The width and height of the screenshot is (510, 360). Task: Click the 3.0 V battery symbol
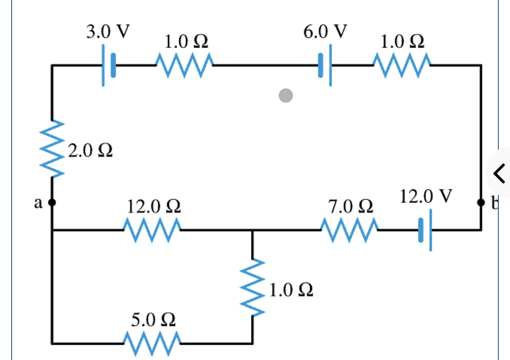pyautogui.click(x=108, y=65)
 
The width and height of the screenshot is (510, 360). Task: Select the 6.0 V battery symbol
pyautogui.click(x=325, y=65)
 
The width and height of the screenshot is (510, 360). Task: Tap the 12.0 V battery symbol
pyautogui.click(x=425, y=230)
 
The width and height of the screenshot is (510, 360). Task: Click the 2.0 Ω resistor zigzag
pyautogui.click(x=52, y=149)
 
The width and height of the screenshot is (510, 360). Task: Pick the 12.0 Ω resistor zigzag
pyautogui.click(x=152, y=230)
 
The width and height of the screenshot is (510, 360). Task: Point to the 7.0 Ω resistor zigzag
pyautogui.click(x=349, y=230)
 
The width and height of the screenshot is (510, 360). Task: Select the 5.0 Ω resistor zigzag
pyautogui.click(x=152, y=343)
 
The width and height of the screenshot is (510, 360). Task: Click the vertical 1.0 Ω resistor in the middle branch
pyautogui.click(x=252, y=287)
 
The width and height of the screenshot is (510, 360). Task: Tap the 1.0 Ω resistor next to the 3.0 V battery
pyautogui.click(x=185, y=65)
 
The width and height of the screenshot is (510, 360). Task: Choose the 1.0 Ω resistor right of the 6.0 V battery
pyautogui.click(x=402, y=65)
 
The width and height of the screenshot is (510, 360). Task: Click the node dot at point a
pyautogui.click(x=52, y=203)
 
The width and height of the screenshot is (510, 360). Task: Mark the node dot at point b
pyautogui.click(x=481, y=203)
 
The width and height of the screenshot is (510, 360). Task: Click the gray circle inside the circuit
pyautogui.click(x=286, y=96)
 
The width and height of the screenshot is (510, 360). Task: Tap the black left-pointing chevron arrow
pyautogui.click(x=499, y=173)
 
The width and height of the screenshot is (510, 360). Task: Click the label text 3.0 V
pyautogui.click(x=108, y=31)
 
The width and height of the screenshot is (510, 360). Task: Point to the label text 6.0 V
pyautogui.click(x=325, y=31)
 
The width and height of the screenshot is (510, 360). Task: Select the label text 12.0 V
pyautogui.click(x=425, y=196)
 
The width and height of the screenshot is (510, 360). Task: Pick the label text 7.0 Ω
pyautogui.click(x=351, y=207)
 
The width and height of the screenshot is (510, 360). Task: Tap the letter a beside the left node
pyautogui.click(x=38, y=203)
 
